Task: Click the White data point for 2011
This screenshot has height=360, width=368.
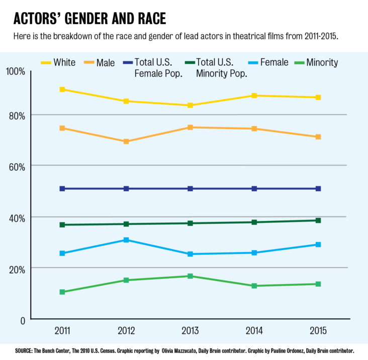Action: (62, 89)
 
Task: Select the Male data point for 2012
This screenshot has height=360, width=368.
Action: (126, 142)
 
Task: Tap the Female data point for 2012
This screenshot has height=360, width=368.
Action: (126, 240)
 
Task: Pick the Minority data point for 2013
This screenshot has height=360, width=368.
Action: (191, 276)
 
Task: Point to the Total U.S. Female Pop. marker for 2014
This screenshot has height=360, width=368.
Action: (254, 189)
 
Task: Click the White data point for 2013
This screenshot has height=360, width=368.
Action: (191, 105)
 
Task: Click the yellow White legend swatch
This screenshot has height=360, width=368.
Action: (46, 63)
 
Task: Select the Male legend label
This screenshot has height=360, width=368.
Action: (105, 63)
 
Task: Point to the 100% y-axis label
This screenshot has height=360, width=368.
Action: (15, 72)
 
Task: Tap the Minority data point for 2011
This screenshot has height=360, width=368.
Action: (62, 292)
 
